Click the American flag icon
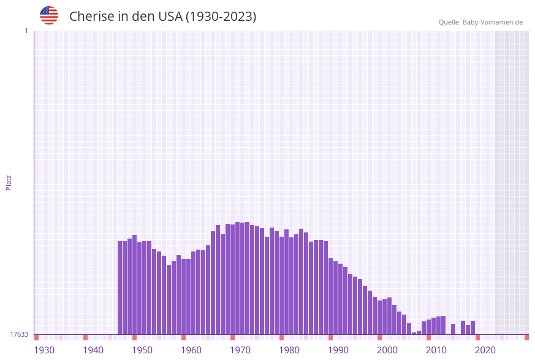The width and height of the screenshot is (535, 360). (49, 16)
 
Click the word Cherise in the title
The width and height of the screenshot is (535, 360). (92, 17)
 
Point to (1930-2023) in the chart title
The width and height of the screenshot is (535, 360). (221, 17)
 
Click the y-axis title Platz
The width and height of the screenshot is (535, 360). (9, 182)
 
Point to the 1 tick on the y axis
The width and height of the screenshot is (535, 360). (26, 31)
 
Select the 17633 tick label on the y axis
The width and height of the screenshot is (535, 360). (19, 334)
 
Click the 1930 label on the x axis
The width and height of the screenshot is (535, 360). (44, 350)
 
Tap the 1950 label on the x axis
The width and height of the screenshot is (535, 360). (142, 350)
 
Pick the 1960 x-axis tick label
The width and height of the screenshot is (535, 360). (191, 350)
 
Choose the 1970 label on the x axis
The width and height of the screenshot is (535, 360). (240, 350)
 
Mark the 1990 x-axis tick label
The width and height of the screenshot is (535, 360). (338, 350)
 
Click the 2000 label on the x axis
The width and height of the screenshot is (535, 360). (387, 350)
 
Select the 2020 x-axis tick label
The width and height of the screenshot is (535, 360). (485, 350)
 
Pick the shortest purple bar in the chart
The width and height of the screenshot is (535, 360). (414, 333)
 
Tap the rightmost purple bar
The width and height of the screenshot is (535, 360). (472, 327)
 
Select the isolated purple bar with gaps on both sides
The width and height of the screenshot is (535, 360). (453, 329)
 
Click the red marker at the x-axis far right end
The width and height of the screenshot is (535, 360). (526, 337)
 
